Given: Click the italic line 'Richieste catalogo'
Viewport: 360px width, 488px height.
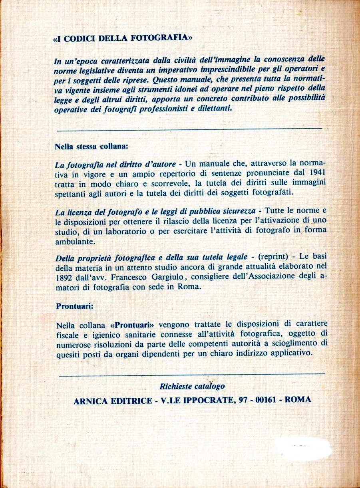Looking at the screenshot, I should coord(192,386).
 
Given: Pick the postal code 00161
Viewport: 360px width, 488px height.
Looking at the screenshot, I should coord(264,400).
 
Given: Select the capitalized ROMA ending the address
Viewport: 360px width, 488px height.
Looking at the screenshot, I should coord(297,399).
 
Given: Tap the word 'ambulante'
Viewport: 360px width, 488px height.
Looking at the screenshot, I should coord(74,242).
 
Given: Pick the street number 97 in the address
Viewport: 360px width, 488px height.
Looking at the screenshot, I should coord(241,400).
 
